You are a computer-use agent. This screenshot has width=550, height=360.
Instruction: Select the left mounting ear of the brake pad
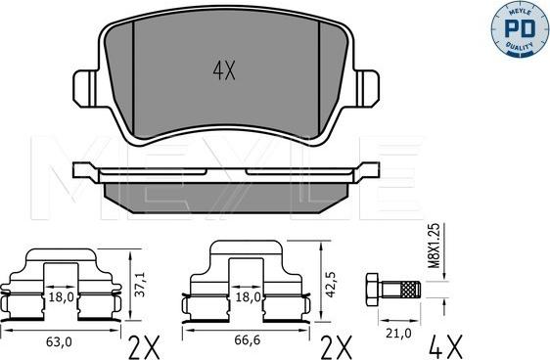click(x=84, y=85)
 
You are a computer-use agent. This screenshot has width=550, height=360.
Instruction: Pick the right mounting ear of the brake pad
click(x=369, y=85)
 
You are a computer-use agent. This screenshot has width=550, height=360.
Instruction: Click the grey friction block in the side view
click(x=225, y=197)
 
